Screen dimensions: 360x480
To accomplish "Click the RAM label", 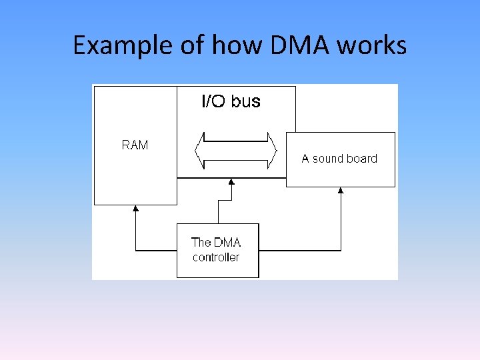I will [x=135, y=145].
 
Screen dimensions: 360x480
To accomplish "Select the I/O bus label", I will [x=231, y=101].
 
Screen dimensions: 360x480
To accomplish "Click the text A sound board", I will [x=339, y=159].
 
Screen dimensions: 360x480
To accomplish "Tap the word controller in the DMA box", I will [x=216, y=257].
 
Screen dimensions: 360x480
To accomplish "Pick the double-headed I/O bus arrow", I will [x=235, y=151].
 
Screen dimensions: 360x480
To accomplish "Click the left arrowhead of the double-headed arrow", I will [x=199, y=151].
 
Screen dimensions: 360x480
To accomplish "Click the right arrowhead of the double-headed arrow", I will [x=271, y=151].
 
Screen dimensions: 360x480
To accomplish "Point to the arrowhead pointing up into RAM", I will [x=136, y=209].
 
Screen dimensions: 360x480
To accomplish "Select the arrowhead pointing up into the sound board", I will [x=341, y=191].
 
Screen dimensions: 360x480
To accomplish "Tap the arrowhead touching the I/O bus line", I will [x=231, y=182].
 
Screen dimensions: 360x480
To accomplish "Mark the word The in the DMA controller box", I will [x=201, y=243].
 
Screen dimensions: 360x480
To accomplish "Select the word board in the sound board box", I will [x=362, y=159].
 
